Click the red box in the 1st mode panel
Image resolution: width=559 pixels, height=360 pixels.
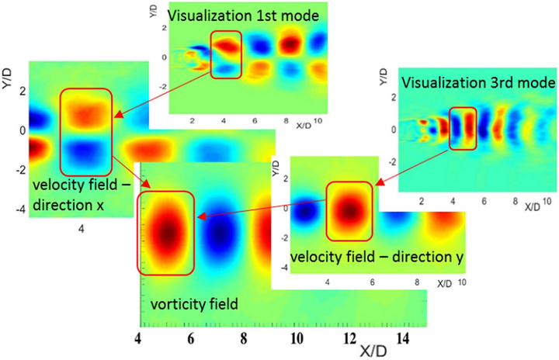point(226,54)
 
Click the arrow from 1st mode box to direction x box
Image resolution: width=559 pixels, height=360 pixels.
point(163,95)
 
